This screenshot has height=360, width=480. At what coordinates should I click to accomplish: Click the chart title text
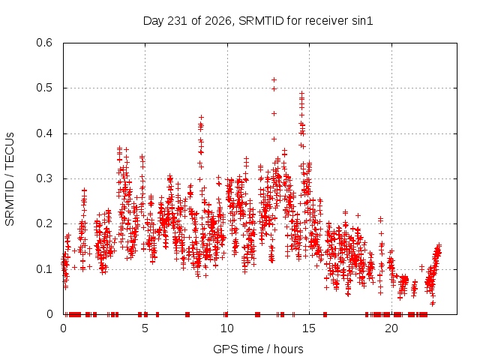258,21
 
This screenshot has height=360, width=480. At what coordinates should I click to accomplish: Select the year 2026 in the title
218,21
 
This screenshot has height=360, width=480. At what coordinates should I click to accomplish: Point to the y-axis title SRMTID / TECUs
10,179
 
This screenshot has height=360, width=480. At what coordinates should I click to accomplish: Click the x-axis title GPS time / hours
258,349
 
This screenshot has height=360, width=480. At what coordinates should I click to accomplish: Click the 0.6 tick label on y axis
44,43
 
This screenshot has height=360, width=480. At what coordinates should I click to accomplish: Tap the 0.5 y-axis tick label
44,88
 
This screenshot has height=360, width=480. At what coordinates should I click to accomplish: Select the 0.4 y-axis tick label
44,133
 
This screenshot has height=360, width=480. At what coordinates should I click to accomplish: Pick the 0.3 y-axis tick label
44,178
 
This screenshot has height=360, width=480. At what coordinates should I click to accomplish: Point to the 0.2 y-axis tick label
44,223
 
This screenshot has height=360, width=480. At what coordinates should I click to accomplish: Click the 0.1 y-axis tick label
44,269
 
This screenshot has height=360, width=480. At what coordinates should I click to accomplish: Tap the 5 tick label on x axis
145,328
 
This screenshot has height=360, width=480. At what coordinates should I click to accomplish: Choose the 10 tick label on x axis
227,328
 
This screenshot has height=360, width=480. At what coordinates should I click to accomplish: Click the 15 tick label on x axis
309,328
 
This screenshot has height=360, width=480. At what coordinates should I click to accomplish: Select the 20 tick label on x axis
391,328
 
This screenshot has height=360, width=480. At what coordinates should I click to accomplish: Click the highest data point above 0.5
274,80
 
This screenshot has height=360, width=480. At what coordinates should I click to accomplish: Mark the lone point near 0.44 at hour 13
274,113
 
